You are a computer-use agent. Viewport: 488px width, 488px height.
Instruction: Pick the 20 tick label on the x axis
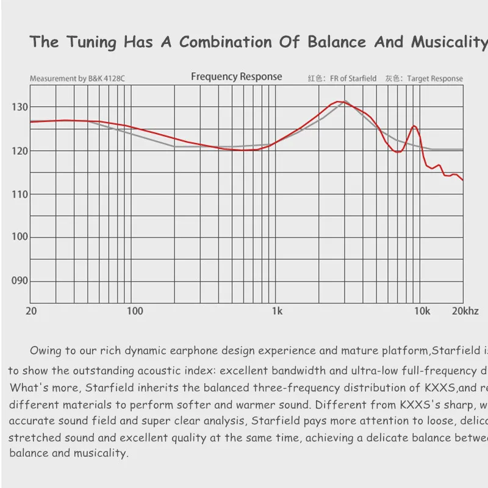tap(31, 311)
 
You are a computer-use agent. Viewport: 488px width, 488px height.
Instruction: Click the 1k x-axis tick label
tap(277, 311)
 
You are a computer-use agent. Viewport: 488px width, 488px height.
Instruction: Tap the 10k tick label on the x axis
tap(422, 311)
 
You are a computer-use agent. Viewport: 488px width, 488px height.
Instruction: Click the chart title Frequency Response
tap(236, 77)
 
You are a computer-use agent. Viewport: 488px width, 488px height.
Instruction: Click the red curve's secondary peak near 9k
tap(414, 126)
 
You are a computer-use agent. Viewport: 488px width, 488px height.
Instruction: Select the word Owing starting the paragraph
tap(45, 351)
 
